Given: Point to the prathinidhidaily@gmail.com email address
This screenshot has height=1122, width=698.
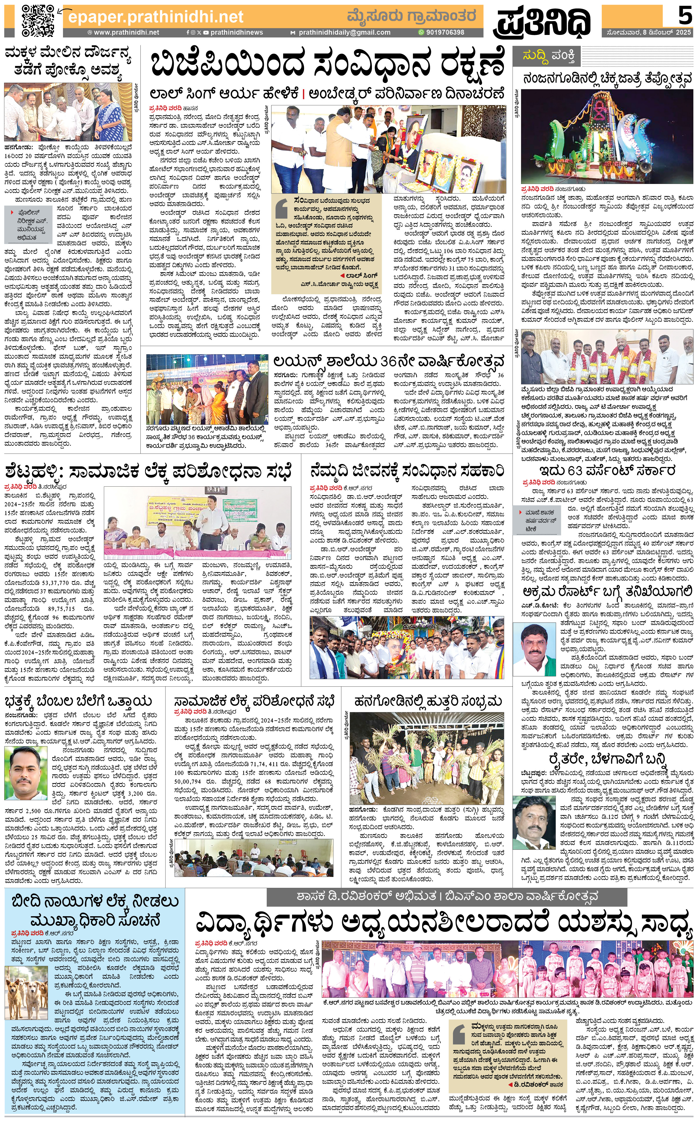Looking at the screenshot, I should [344, 32].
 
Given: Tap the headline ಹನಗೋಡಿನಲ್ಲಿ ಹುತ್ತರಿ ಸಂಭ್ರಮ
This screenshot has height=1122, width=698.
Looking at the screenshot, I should [428, 701].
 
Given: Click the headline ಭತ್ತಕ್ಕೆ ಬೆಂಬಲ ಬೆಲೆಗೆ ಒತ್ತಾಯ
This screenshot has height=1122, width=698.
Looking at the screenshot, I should [79, 701].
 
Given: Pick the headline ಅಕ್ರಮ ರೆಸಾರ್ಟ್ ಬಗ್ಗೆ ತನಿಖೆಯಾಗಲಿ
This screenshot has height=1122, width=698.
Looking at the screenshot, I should [607, 591].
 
